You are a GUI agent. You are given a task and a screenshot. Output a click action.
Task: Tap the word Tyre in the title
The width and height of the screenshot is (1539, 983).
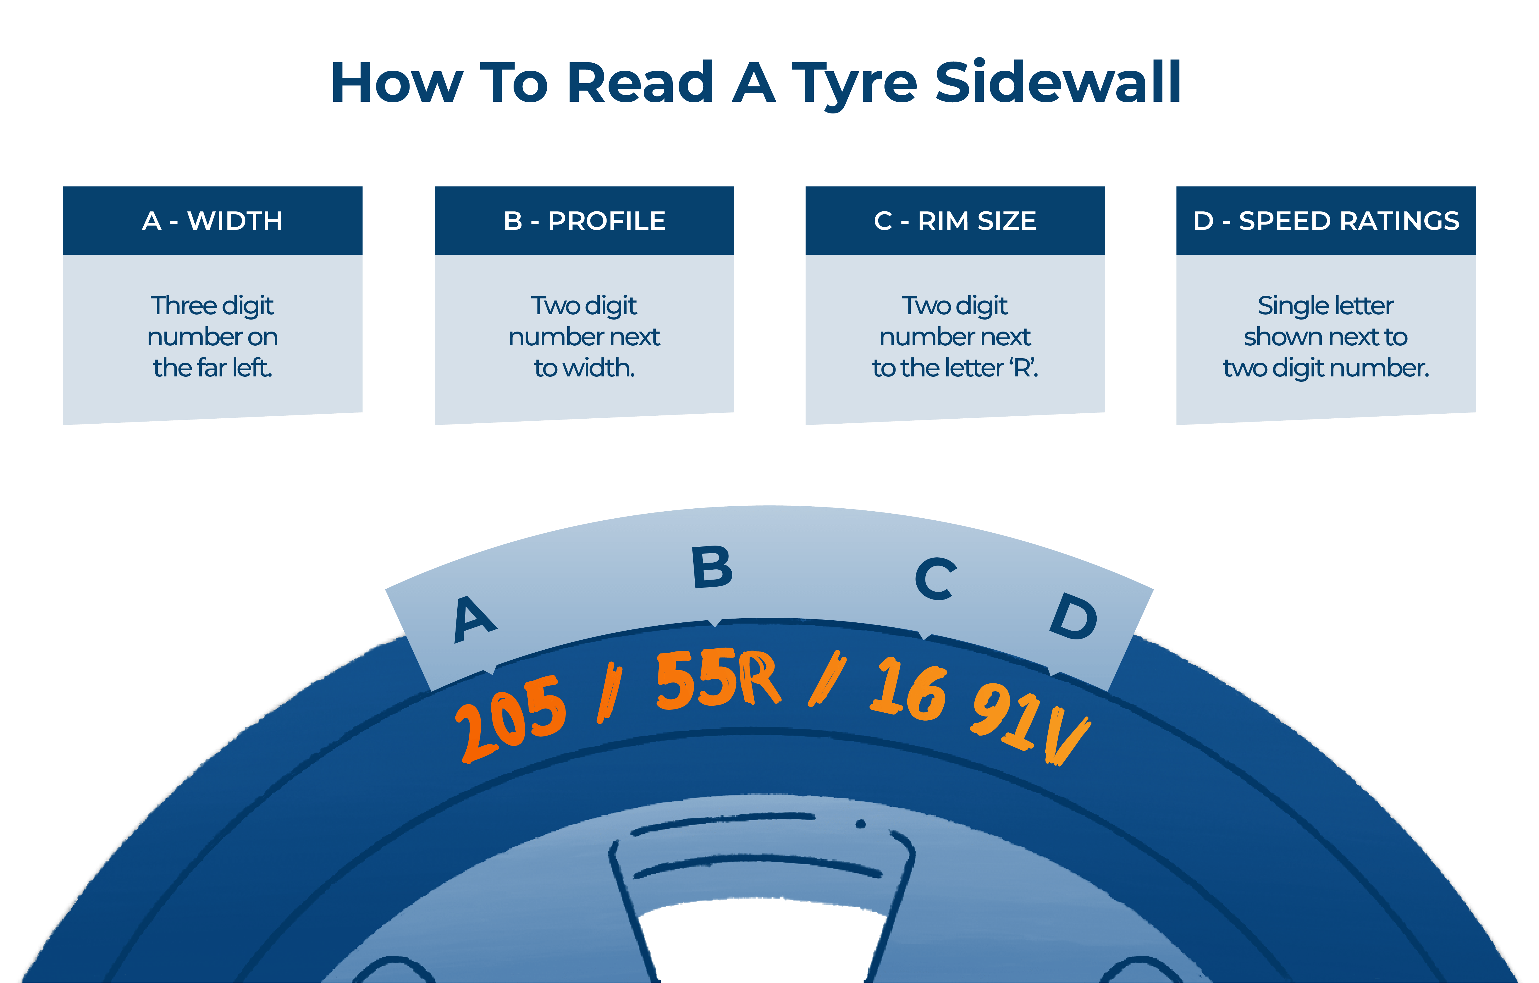pyautogui.click(x=855, y=83)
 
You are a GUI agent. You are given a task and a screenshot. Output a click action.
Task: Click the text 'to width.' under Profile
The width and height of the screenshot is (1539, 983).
pyautogui.click(x=584, y=368)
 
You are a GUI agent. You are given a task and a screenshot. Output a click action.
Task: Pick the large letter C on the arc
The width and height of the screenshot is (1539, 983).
pyautogui.click(x=936, y=578)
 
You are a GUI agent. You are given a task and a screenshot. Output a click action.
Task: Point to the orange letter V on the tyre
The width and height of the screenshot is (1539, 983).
pyautogui.click(x=1066, y=735)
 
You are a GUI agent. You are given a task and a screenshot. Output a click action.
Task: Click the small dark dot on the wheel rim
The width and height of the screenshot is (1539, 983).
pyautogui.click(x=861, y=824)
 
